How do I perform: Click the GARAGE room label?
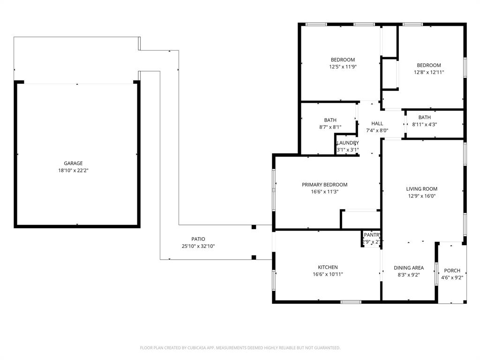(x=73, y=163)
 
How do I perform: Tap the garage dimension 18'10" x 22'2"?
(x=73, y=171)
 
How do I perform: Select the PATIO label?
(x=198, y=239)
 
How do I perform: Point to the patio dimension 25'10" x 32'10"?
(x=198, y=246)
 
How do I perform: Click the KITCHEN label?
(x=328, y=267)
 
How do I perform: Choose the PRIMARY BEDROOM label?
(x=324, y=185)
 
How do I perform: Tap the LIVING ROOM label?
(x=421, y=189)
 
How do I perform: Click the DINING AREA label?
(x=408, y=268)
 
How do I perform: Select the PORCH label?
(x=452, y=270)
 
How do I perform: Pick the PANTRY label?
(x=372, y=235)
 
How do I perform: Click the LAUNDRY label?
(x=348, y=143)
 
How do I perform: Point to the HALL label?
(x=377, y=123)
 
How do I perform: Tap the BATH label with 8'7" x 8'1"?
(x=330, y=120)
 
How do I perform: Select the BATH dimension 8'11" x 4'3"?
(x=424, y=124)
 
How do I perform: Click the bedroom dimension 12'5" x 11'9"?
(x=343, y=67)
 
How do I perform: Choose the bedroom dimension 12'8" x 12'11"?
(x=428, y=73)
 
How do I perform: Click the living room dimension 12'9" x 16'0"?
(x=421, y=196)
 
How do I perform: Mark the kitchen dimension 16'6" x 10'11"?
(x=328, y=275)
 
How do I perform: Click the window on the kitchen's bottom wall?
(x=351, y=301)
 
